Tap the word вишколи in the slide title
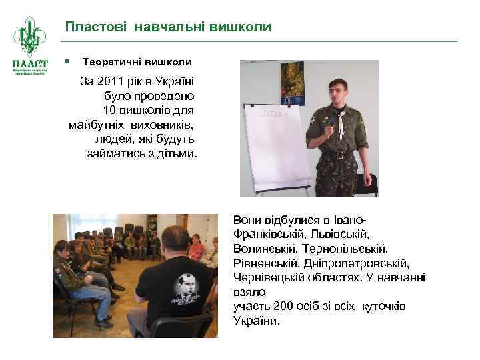tap(241, 27)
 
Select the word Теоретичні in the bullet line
tap(109, 62)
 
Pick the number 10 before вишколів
tap(110, 109)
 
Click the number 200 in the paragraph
tap(285, 306)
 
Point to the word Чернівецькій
tap(270, 277)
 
